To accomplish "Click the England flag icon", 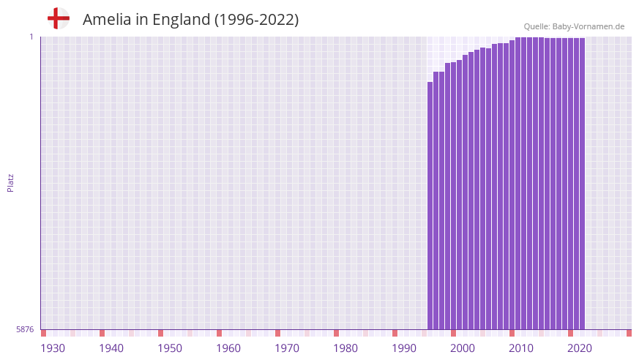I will tap(58, 19).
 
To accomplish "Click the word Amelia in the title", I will tap(107, 20).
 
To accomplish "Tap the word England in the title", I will tap(178, 20).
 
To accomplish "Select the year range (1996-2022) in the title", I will tap(256, 20).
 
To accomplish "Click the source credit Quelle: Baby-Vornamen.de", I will tap(574, 26).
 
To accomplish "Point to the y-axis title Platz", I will tap(10, 182).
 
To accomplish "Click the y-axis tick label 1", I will tap(31, 37).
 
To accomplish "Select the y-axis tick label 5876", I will tap(25, 330).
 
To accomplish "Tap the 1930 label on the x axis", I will tap(53, 348).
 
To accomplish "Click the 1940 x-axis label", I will tap(111, 348).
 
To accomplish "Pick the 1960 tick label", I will tap(228, 348).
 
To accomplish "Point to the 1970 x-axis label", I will tap(287, 348).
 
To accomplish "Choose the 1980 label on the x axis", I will tap(345, 348).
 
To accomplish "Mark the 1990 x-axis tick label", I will tap(404, 348).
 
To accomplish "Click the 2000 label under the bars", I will tap(463, 348).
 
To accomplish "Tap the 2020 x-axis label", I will tap(580, 348).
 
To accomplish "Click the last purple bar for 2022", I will tap(582, 183).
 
